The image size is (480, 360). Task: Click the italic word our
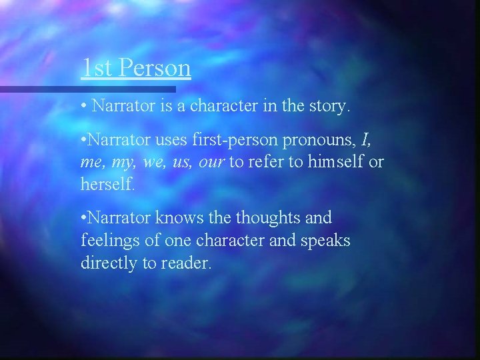pos(212,163)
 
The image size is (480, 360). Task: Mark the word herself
pos(107,185)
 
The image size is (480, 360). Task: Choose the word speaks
pos(326,241)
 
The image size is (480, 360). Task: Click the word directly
pos(107,263)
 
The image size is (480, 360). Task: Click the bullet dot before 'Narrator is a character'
pos(84,105)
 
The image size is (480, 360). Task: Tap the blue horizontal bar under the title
pos(87,89)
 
